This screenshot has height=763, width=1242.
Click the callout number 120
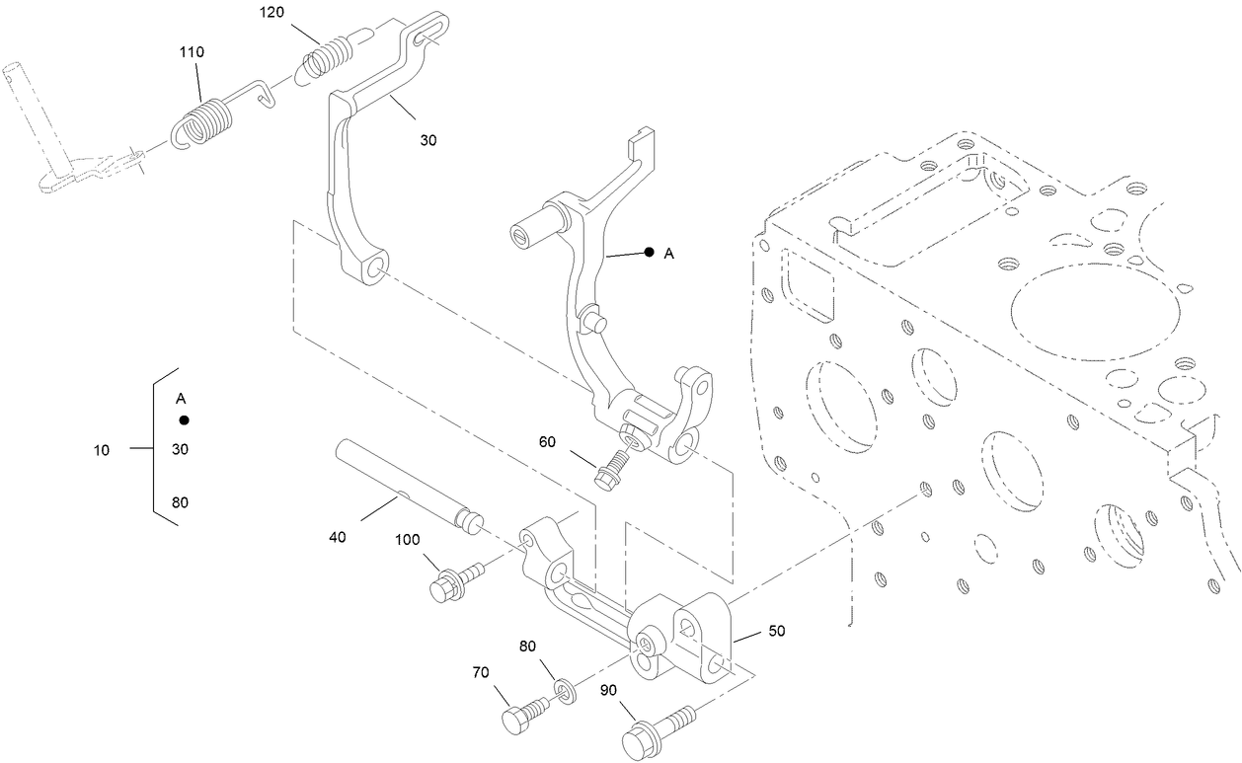[272, 12]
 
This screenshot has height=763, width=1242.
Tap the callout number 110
[192, 52]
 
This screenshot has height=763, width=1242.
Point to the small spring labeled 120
[326, 57]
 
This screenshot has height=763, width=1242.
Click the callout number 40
[337, 537]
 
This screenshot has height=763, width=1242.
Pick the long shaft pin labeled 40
[409, 487]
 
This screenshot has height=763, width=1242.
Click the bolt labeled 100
[456, 581]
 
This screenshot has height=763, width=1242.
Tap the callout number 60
[547, 442]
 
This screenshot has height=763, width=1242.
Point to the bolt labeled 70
[524, 714]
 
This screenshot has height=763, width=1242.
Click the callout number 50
[776, 631]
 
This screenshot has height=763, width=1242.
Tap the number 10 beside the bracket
[102, 450]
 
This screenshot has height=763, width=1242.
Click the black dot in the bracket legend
[184, 420]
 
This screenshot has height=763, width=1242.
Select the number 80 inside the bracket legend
[181, 502]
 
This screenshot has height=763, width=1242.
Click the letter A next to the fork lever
[669, 254]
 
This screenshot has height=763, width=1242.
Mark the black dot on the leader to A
[650, 253]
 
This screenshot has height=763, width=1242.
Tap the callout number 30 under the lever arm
[428, 140]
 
